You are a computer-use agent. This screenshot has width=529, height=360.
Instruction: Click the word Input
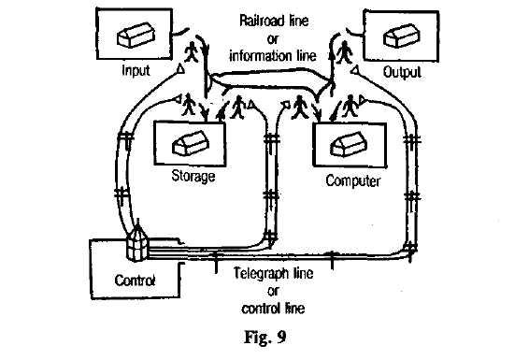coord(136,71)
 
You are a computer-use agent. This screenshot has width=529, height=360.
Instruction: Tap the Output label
coord(402,72)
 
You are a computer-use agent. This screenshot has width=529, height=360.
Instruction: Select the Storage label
coord(193,176)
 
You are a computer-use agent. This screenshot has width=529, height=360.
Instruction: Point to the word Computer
coord(353,181)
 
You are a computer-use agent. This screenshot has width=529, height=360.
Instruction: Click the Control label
coord(135,281)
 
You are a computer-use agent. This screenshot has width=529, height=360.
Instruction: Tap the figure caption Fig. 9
coord(265,337)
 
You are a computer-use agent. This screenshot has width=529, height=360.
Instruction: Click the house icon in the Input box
coord(136,35)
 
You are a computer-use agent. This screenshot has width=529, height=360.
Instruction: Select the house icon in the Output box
coord(401,36)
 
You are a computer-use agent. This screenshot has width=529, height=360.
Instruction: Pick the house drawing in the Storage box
coord(191,143)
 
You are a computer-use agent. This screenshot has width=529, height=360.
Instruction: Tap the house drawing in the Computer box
coord(348,145)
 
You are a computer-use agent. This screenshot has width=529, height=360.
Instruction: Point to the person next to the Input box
coord(192,51)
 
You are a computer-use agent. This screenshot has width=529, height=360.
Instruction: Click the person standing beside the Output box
coord(345,51)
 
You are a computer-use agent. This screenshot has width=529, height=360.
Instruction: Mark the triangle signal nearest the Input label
coord(181,69)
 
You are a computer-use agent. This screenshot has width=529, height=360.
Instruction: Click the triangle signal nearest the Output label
coord(354,70)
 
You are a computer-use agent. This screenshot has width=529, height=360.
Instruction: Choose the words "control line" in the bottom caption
coord(273,309)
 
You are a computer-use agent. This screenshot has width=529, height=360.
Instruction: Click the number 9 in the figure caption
coord(281,337)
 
